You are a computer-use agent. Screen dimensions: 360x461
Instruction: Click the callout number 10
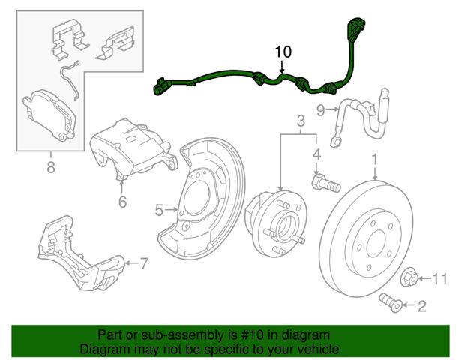[283, 52]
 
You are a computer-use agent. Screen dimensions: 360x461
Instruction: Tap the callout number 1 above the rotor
[373, 160]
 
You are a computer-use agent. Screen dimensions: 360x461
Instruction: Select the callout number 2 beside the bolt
[421, 304]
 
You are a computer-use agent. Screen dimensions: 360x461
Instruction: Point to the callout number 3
[300, 121]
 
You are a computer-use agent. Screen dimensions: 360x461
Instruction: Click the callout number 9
[319, 111]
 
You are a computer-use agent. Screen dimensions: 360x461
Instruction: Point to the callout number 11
[441, 279]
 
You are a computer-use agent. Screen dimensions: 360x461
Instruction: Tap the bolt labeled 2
[391, 302]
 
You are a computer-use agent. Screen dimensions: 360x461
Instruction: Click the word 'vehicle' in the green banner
[314, 349]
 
